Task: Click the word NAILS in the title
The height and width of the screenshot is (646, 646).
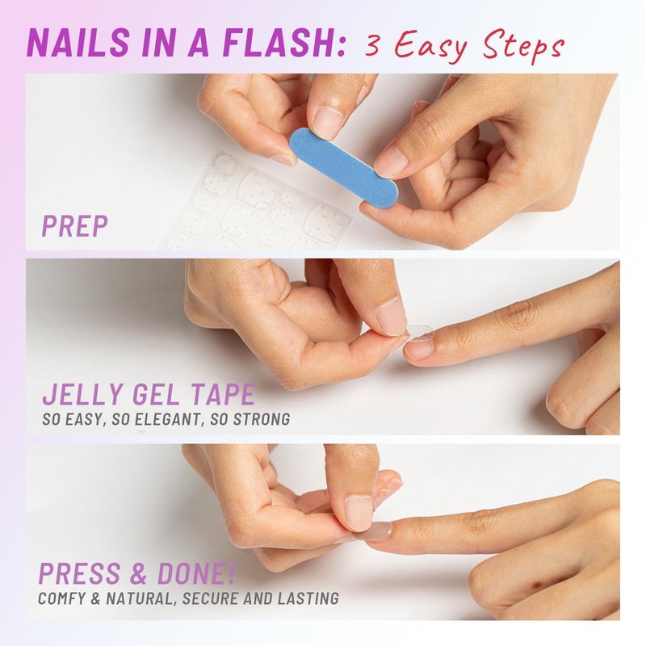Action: (78, 42)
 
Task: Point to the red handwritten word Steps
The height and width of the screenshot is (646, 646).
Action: (523, 46)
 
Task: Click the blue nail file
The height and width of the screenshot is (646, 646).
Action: (344, 158)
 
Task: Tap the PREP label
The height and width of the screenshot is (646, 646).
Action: (74, 225)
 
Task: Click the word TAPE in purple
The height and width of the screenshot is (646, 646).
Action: (224, 394)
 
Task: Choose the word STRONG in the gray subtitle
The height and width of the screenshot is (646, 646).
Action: (262, 419)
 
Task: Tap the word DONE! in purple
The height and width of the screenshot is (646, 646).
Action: (196, 573)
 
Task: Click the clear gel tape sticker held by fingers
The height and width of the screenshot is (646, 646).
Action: (419, 333)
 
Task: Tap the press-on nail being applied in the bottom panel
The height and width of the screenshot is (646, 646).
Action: (376, 531)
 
